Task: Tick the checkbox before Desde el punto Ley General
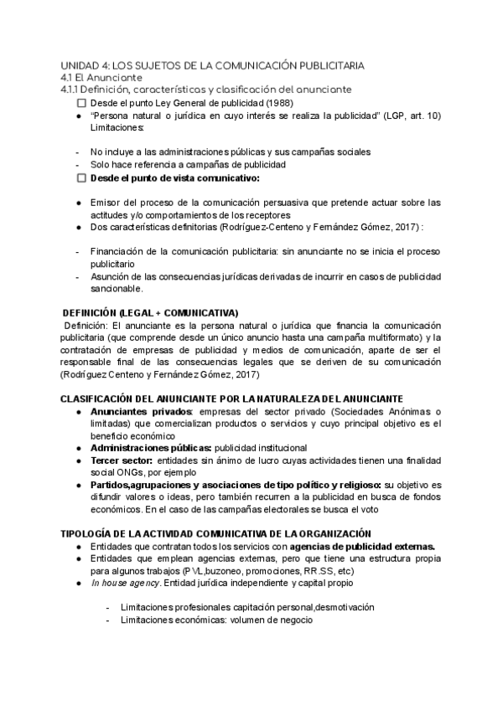click(x=81, y=102)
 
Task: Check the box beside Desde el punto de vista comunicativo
click(x=81, y=178)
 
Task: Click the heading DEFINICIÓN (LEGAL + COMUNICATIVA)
click(x=151, y=311)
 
